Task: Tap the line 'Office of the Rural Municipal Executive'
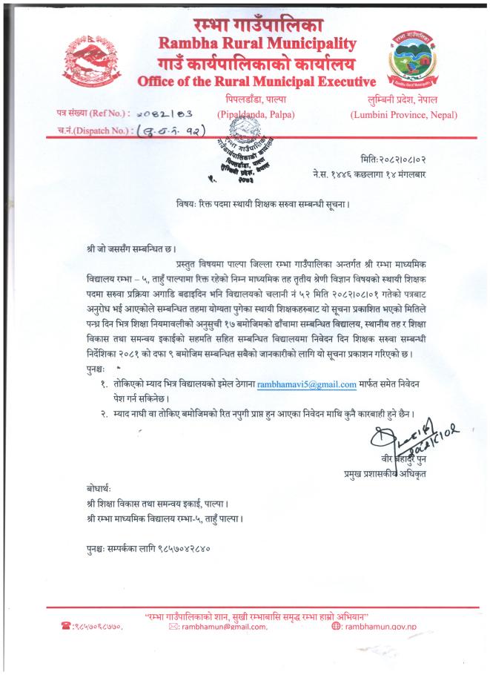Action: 256,80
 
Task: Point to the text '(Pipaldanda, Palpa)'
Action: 256,114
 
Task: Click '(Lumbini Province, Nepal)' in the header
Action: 404,114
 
